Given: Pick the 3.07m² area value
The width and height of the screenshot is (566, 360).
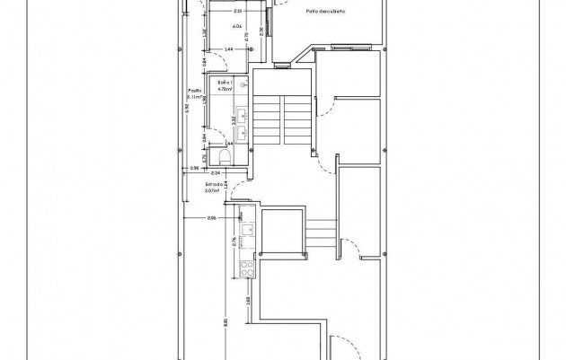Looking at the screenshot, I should coord(212,189).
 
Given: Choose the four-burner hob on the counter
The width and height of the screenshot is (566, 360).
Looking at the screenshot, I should coord(245,268).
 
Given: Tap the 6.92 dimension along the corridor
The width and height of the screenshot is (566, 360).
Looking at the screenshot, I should coord(186,107).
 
